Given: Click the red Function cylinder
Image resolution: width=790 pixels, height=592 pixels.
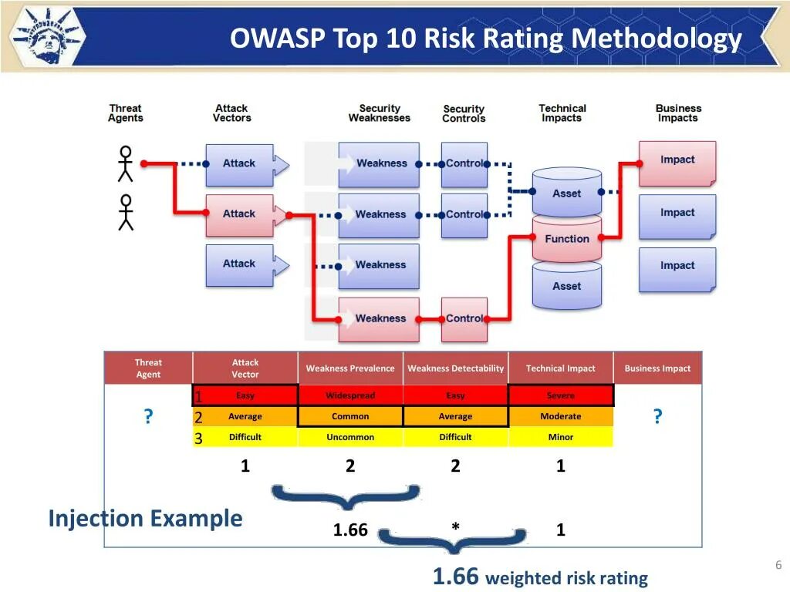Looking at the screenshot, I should (566, 239).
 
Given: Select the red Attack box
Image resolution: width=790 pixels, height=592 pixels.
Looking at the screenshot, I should (239, 214).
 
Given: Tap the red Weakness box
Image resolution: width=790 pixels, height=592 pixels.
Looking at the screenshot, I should (379, 318).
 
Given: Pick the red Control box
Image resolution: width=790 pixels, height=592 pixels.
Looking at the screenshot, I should (464, 318).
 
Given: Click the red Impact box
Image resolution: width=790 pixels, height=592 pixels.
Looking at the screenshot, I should (677, 161).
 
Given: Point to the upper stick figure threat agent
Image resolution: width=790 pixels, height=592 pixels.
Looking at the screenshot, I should (125, 163).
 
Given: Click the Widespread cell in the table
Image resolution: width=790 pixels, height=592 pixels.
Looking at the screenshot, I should (350, 395).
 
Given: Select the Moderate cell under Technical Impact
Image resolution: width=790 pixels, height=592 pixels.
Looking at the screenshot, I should (561, 416).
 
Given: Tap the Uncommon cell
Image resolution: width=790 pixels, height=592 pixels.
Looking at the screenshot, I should (350, 437).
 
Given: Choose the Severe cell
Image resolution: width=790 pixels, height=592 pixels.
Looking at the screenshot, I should (561, 395).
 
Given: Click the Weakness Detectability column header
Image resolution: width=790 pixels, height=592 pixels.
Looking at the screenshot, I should (455, 368).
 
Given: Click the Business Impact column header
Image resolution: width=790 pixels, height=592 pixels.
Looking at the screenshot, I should (657, 368).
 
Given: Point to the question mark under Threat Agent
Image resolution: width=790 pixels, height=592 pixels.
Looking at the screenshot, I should (148, 417).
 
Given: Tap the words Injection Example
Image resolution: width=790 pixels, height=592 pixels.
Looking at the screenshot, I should (145, 518).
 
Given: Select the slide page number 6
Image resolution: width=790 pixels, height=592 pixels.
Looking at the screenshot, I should (778, 566).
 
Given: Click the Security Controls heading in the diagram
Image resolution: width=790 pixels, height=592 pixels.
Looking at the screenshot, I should (464, 113).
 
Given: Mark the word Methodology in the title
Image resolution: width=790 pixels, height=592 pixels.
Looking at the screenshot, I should (657, 39).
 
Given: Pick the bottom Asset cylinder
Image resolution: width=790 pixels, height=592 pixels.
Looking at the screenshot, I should (566, 286).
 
